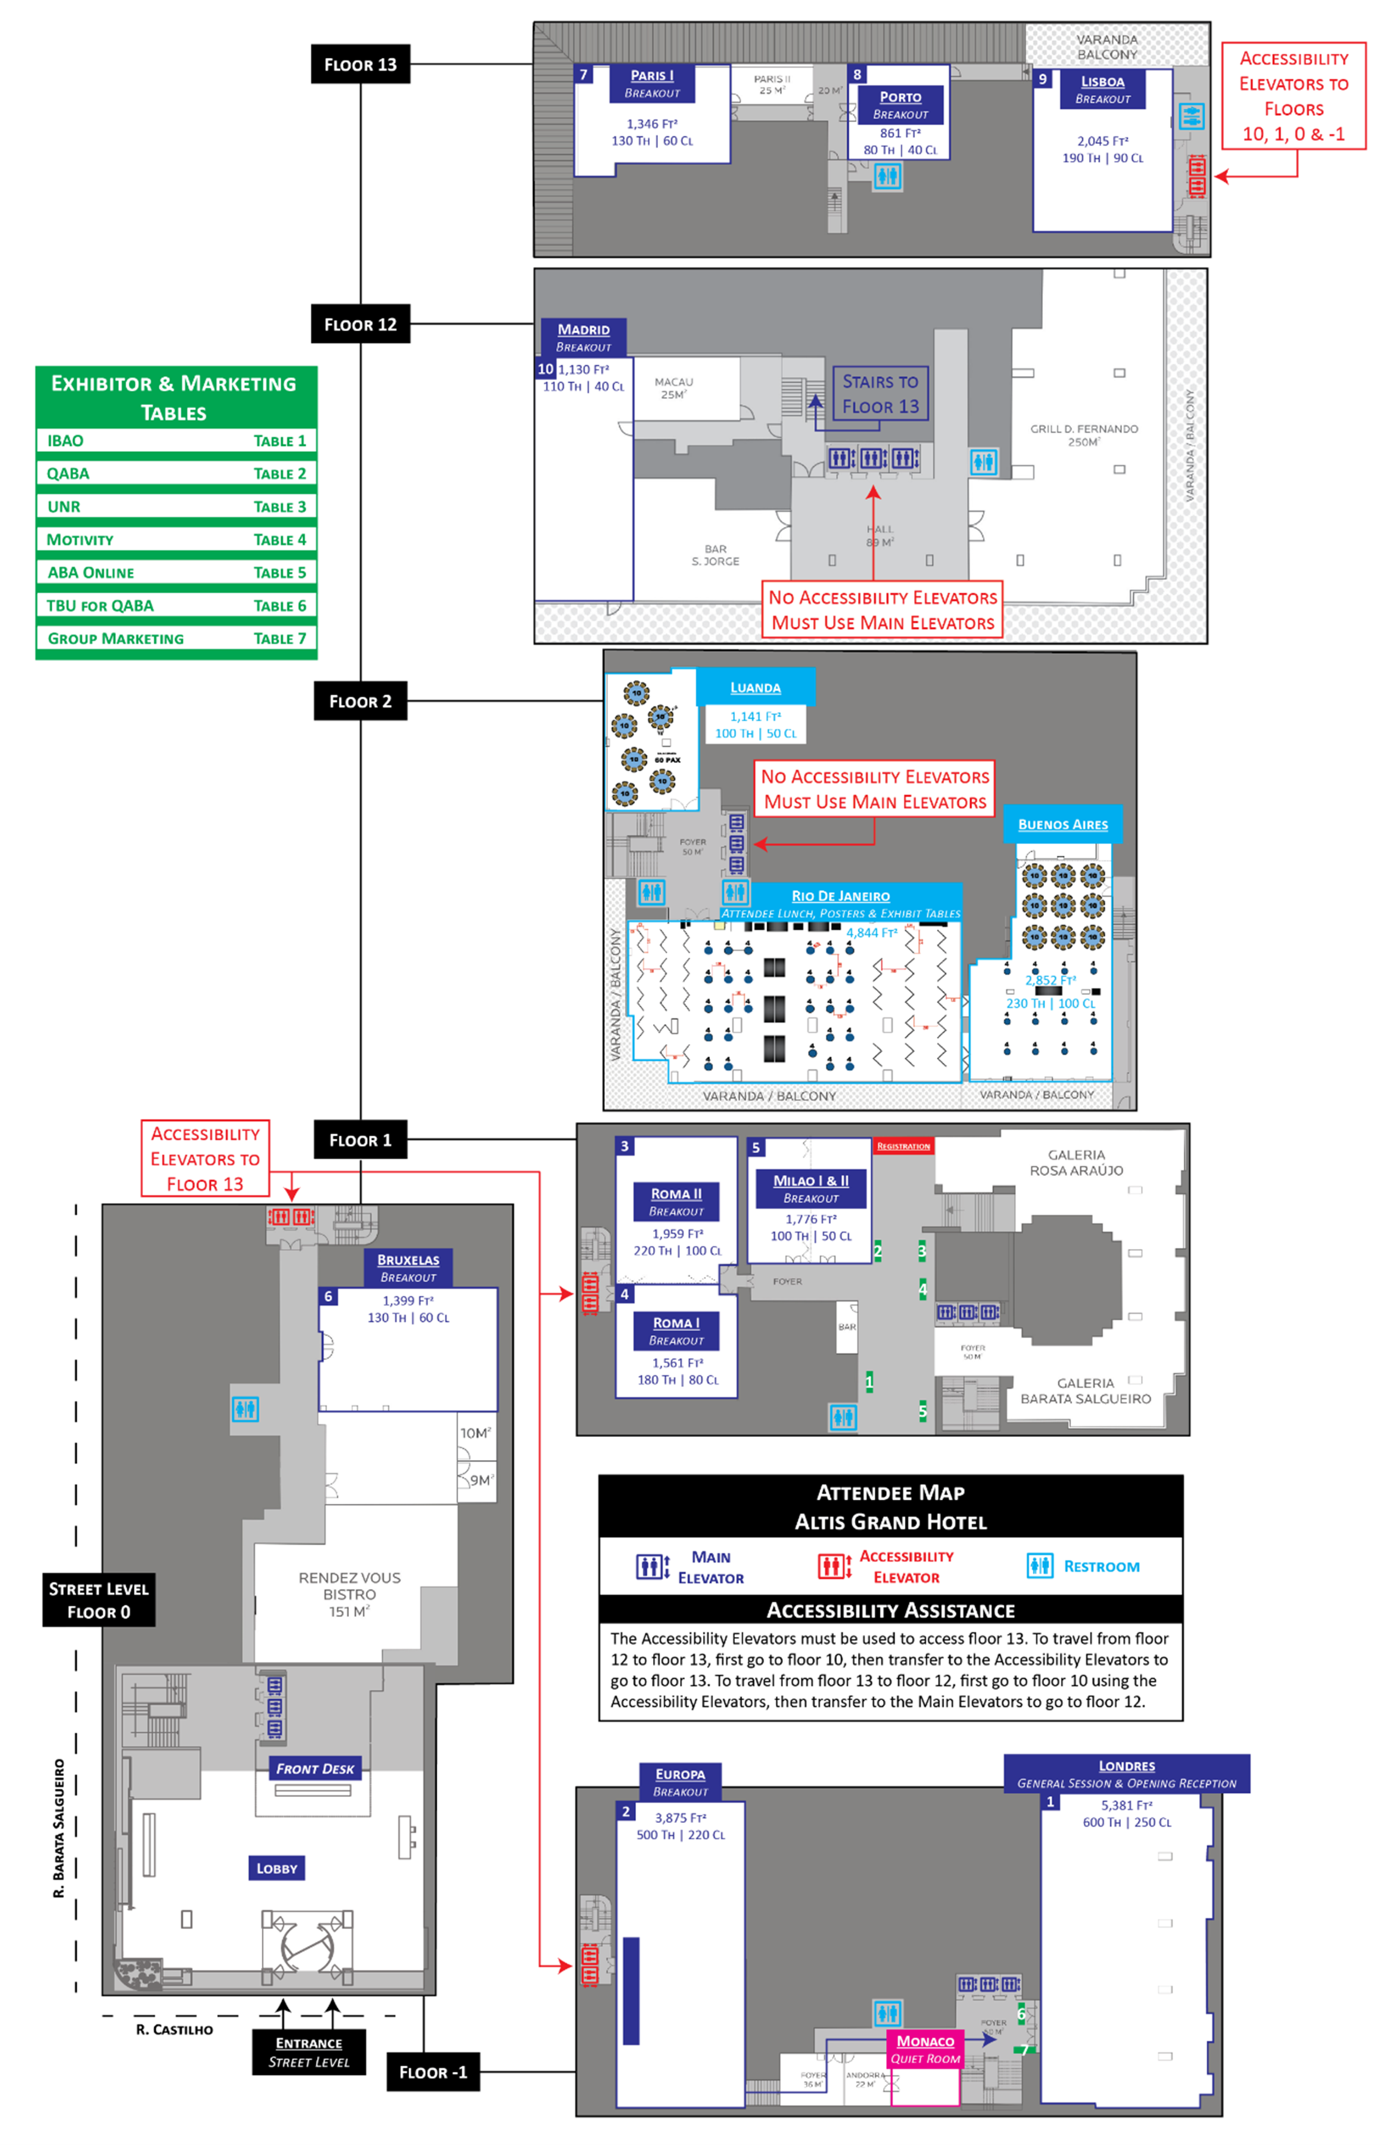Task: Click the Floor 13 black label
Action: point(360,64)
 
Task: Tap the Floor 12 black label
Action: point(360,324)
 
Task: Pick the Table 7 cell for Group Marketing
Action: point(279,639)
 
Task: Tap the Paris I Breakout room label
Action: point(652,84)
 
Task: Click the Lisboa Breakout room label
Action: point(1101,89)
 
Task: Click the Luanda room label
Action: point(755,688)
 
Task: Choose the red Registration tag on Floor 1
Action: point(903,1147)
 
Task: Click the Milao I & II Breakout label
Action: point(810,1189)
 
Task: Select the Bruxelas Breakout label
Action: point(407,1267)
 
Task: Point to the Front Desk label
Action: point(315,1768)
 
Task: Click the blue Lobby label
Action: point(277,1868)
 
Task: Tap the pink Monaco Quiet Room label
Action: point(926,2049)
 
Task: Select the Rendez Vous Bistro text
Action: point(349,1594)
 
